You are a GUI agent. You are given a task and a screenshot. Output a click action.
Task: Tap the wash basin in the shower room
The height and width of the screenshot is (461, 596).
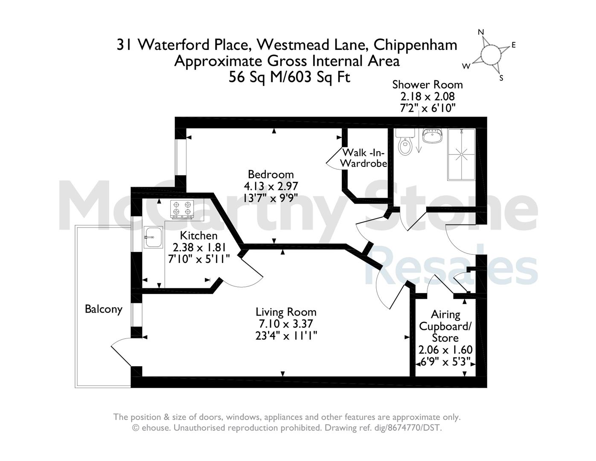click(433, 136)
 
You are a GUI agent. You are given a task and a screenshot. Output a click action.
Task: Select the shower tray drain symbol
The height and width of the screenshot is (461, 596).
click(461, 155)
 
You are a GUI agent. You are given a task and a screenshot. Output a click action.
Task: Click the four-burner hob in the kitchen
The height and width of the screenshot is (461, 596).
click(182, 209)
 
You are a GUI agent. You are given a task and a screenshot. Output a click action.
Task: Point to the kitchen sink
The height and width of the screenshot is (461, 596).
click(153, 237)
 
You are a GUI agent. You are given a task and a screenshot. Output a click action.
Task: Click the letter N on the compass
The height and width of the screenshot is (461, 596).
click(481, 32)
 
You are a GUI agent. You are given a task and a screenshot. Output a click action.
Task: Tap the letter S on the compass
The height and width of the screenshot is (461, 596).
click(501, 78)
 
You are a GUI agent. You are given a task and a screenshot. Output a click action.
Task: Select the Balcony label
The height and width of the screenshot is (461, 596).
click(104, 309)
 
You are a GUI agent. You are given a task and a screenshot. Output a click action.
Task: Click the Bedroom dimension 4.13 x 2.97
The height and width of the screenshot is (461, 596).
click(271, 186)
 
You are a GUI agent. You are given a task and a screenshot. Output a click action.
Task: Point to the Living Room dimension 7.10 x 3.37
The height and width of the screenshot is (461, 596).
click(286, 324)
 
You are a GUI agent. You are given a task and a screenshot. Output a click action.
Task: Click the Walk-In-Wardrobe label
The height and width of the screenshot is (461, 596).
click(363, 158)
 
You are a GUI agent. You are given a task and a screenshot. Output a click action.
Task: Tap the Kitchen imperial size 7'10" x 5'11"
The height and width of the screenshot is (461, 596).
click(199, 259)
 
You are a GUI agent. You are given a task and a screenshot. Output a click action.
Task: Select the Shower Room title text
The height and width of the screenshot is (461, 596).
click(427, 85)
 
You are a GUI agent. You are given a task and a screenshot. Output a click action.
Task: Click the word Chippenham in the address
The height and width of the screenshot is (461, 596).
click(415, 45)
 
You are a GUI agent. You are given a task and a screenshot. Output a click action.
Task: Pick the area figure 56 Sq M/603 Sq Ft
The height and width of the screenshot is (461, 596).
click(290, 77)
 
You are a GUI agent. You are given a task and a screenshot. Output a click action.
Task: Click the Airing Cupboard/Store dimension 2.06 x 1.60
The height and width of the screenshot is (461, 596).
click(445, 350)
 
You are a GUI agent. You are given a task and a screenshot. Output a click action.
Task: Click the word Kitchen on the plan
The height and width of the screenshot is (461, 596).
click(198, 236)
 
